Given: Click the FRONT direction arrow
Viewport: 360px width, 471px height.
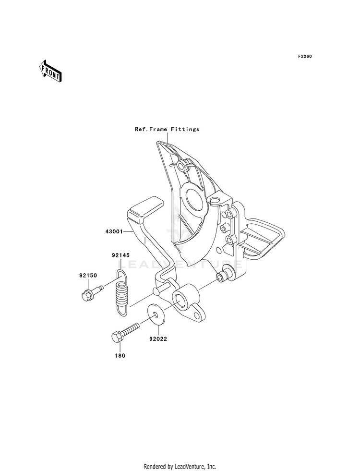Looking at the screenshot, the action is click(50, 71).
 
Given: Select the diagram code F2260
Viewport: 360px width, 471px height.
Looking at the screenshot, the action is click(305, 56).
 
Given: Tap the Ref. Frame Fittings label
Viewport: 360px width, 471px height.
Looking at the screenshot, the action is click(167, 129).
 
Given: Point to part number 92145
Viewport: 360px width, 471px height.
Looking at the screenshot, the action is click(120, 255).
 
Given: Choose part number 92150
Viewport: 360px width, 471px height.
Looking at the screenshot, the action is click(88, 275).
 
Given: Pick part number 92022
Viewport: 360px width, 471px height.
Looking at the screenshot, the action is click(158, 339).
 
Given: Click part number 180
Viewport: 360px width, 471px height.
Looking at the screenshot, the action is click(120, 356).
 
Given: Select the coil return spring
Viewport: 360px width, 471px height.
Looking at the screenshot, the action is click(121, 293).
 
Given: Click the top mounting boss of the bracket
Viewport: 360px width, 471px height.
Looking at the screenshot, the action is click(181, 165).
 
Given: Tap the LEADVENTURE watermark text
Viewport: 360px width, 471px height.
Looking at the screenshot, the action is click(180, 265).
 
